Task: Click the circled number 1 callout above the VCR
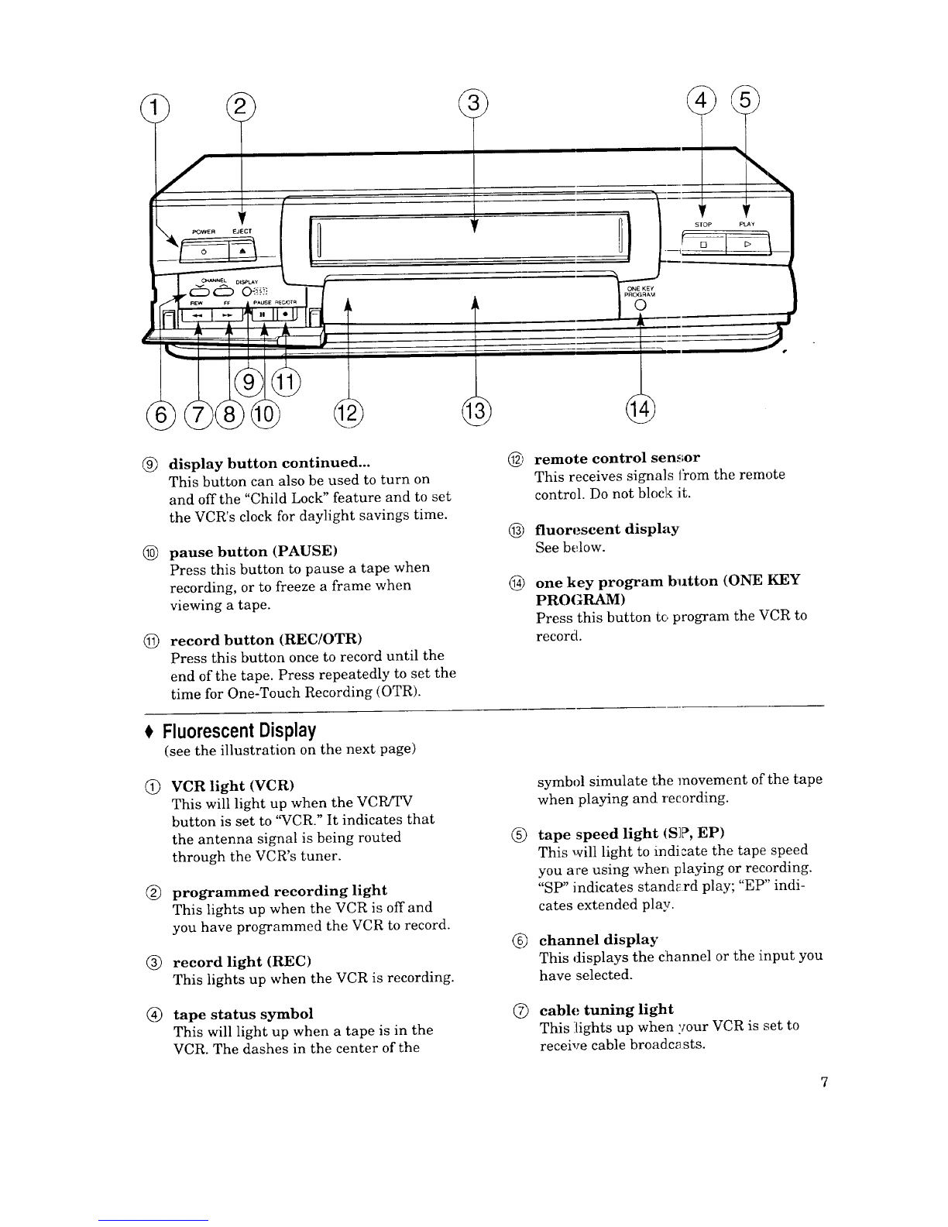pos(155,108)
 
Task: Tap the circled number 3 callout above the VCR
pos(473,103)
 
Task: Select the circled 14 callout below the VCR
pos(641,407)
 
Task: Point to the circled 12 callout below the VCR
pos(349,413)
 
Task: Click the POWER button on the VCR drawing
pos(204,251)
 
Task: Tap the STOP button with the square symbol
pos(703,245)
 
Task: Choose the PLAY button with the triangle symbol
pos(747,245)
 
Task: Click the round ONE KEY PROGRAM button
pos(641,305)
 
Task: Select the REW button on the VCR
pos(197,315)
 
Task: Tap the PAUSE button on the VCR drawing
pos(263,314)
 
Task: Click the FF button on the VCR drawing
pos(228,315)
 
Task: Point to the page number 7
pos(824,1082)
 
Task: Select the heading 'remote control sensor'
pos(617,458)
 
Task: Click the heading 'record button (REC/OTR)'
pos(266,640)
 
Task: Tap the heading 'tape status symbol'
pos(242,1014)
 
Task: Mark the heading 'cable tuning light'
pos(606,1009)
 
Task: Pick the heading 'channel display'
pos(599,940)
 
